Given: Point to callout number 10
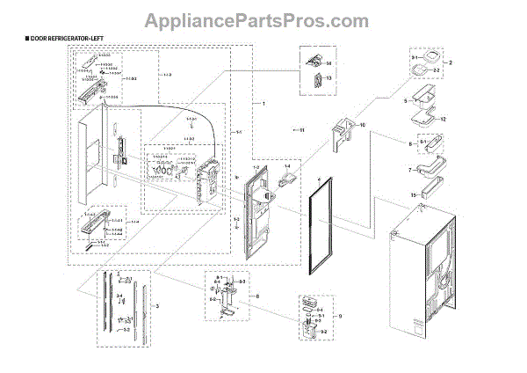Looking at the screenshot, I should pos(361,125).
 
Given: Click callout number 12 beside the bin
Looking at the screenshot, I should pos(444,119).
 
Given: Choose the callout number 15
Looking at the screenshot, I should pos(439,194).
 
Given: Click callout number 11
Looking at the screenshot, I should pos(301,130).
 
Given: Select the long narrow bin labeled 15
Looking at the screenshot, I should pos(427,186).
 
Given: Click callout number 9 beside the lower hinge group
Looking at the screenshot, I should pos(340,315).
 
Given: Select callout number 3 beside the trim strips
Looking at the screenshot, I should pos(157,304).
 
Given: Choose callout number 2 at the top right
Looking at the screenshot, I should pos(451,63).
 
